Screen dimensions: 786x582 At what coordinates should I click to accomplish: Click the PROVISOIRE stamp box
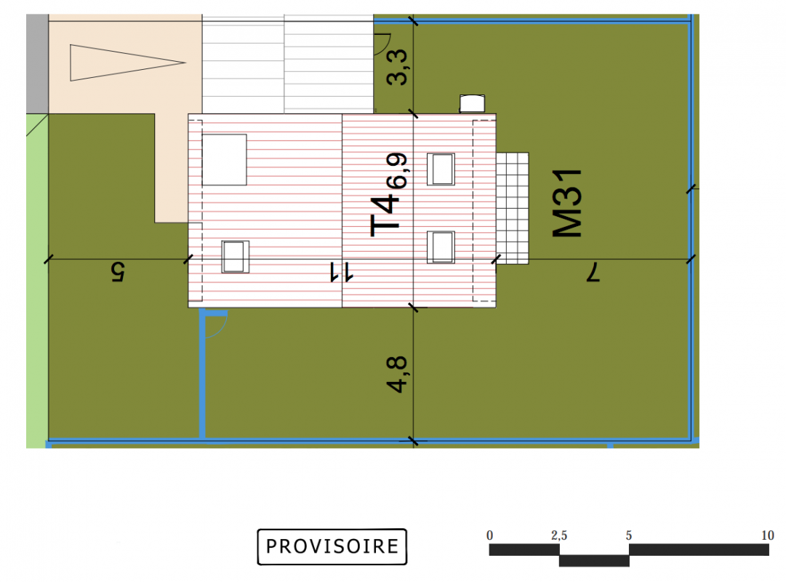coord(332,546)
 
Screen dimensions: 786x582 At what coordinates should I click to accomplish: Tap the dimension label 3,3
coord(398,67)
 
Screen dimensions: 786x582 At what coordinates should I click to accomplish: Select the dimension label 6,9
coord(397,170)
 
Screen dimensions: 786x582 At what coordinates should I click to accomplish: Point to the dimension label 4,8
coord(396,374)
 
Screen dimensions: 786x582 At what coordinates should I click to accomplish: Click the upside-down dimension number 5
coord(117,272)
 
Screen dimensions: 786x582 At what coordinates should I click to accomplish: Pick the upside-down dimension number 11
coord(341,272)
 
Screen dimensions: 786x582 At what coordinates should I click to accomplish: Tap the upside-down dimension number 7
coord(593,272)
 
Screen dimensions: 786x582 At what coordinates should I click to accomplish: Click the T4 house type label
coord(385,216)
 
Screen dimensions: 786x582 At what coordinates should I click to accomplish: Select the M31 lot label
coord(567,203)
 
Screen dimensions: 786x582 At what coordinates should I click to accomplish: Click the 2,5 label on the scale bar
coord(559,536)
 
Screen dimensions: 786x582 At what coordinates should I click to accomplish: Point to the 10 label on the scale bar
coord(767,536)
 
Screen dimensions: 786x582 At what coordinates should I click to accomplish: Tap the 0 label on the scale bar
coord(490,536)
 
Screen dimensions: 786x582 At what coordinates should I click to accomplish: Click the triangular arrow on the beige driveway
coord(127,63)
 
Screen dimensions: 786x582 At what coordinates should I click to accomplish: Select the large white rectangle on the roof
coord(224,159)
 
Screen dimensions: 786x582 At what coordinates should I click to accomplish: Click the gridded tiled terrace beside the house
coord(513,208)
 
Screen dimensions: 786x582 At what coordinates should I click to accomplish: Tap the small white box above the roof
coord(472,103)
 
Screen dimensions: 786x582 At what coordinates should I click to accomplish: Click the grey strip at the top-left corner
coord(37,64)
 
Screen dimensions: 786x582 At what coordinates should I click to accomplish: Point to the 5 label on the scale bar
coord(629,536)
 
